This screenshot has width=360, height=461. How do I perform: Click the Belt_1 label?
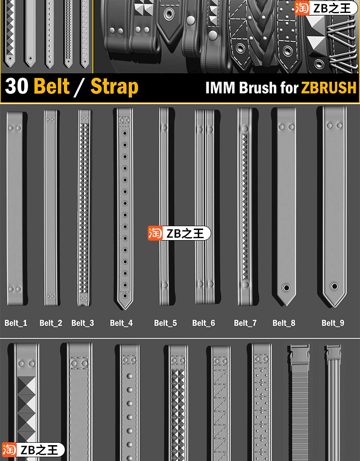pyautogui.click(x=16, y=323)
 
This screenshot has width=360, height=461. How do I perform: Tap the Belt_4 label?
pyautogui.click(x=121, y=323)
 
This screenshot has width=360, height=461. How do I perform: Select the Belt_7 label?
pyautogui.click(x=245, y=323)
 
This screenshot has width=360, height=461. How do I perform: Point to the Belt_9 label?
pyautogui.click(x=333, y=323)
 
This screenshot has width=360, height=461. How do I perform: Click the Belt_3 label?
pyautogui.click(x=83, y=323)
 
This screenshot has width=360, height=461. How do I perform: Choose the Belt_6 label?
pyautogui.click(x=204, y=323)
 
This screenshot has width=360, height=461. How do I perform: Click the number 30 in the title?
pyautogui.click(x=17, y=87)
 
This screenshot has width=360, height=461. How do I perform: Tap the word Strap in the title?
pyautogui.click(x=114, y=87)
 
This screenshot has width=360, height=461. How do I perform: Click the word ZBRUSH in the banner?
pyautogui.click(x=329, y=88)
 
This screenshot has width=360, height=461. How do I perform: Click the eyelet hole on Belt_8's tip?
pyautogui.click(x=286, y=288)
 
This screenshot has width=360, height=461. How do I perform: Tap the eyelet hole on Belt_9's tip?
pyautogui.click(x=334, y=287)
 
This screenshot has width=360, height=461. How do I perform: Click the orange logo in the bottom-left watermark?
pyautogui.click(x=9, y=450)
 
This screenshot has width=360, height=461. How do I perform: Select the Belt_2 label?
pyautogui.click(x=50, y=323)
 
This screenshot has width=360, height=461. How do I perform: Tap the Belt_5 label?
pyautogui.click(x=165, y=323)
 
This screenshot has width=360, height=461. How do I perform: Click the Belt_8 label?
pyautogui.click(x=284, y=323)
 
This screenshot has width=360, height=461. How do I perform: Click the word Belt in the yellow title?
pyautogui.click(x=52, y=87)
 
